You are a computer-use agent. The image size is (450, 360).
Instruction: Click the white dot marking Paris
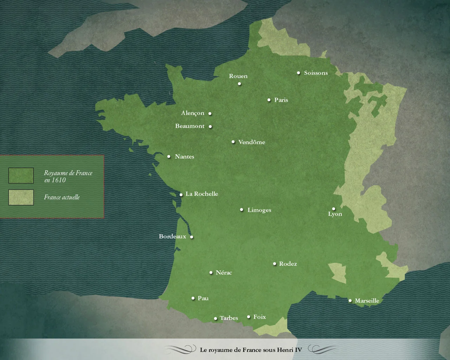point(269,100)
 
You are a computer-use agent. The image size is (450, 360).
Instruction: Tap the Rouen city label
point(238,76)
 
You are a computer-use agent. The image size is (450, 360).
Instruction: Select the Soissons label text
point(316,73)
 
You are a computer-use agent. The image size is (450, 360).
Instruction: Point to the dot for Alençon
point(210,114)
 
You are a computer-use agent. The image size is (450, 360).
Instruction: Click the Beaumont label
point(190,126)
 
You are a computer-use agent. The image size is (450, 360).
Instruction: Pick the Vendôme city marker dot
point(233,142)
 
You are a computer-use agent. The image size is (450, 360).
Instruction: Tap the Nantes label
point(185,156)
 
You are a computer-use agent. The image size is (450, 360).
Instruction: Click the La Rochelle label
point(202,194)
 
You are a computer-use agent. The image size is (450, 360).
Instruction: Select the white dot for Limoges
point(242,210)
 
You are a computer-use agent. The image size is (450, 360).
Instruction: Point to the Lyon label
point(335,214)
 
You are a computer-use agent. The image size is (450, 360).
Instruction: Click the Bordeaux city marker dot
point(192,237)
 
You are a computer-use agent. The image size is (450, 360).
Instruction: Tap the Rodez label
point(288,264)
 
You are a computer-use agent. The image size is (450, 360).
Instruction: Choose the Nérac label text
point(224,272)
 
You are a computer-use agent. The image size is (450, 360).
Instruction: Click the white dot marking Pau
point(193,298)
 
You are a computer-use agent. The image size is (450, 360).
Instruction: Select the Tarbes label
point(229,318)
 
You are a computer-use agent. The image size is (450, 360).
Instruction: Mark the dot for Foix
point(249,317)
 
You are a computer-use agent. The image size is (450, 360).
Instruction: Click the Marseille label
point(367,301)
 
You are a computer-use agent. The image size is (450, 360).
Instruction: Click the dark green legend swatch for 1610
point(21,175)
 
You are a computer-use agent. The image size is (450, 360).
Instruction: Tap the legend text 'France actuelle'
point(62,197)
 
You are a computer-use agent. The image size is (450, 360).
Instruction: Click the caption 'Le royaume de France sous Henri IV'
point(251,350)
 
